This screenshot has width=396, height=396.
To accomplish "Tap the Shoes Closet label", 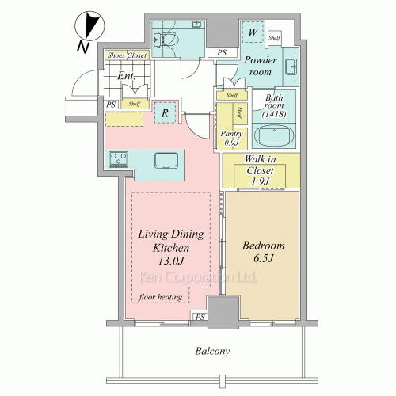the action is [127, 55].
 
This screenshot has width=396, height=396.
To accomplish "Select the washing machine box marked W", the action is [253, 32].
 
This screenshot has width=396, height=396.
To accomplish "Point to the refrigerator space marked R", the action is [165, 112].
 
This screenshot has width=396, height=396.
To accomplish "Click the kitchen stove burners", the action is [119, 159].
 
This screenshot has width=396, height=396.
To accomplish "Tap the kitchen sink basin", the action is [166, 160].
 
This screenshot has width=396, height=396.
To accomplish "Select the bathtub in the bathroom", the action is [274, 135].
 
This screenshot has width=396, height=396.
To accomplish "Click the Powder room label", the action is [261, 66].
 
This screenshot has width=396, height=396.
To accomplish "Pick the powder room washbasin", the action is [291, 67].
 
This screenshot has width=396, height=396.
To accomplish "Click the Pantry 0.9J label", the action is [231, 138].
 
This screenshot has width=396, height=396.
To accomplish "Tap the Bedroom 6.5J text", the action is [264, 251].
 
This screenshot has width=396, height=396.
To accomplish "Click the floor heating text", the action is [161, 297].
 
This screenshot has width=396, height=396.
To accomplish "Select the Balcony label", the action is [212, 351].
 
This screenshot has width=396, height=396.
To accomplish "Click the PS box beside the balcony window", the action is [200, 317].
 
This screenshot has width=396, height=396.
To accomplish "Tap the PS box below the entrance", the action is [111, 105].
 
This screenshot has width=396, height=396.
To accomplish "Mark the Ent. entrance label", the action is [126, 76].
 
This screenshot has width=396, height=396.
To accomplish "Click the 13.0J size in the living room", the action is [171, 261].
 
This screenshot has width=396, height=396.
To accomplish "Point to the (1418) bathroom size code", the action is [274, 114].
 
